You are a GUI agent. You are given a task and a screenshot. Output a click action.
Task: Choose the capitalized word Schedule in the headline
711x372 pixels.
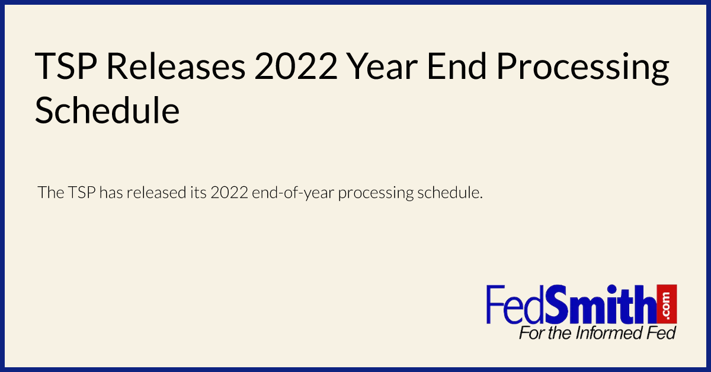pos(107,111)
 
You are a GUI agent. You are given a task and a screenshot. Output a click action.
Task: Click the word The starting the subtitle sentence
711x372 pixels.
pos(51,193)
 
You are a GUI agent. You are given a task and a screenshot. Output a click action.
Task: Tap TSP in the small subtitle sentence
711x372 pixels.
pos(82,193)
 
